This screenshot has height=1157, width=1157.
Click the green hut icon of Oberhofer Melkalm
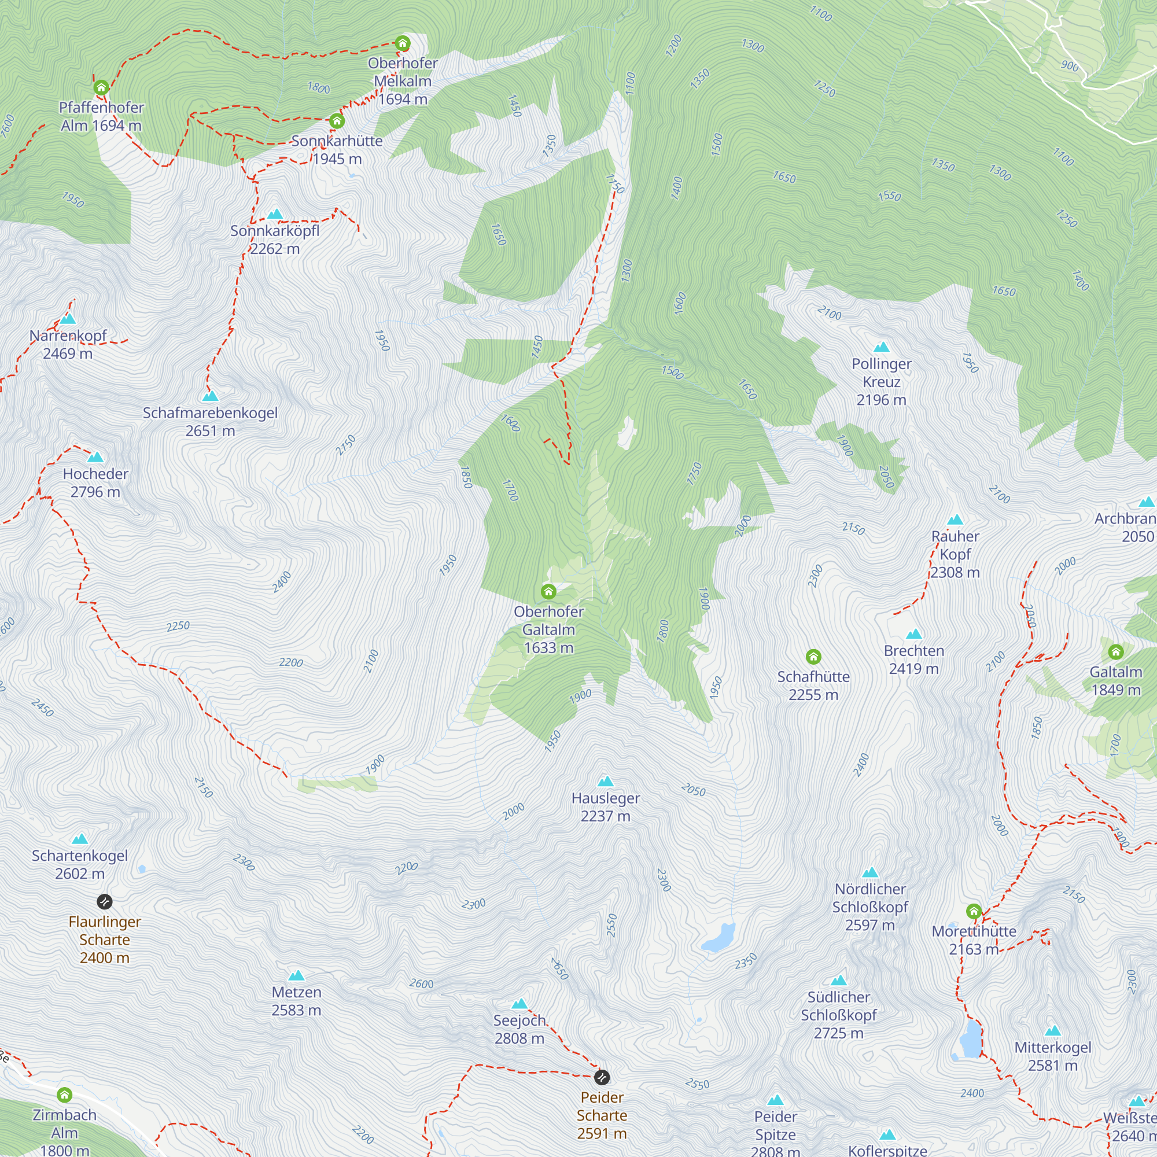403,43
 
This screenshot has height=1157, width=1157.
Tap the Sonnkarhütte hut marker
337,121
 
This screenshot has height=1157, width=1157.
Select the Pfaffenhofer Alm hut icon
101,88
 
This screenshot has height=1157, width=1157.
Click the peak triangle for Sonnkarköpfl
275,215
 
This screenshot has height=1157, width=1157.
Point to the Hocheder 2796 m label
96,482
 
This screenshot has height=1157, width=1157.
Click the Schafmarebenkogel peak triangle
210,396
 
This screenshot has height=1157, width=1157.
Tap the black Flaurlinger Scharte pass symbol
104,901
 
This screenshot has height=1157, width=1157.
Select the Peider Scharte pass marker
602,1077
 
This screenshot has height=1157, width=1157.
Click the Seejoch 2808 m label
519,1029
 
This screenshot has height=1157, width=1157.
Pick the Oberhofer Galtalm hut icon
548,592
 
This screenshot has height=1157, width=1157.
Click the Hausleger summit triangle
606,782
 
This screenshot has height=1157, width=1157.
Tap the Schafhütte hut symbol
813,657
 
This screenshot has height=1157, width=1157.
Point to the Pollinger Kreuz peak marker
882,347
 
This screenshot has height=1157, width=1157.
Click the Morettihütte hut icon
974,912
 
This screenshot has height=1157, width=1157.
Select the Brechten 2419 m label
914,659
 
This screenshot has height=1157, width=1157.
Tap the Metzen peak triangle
296,975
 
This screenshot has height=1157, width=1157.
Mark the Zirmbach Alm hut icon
65,1095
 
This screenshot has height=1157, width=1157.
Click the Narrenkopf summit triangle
68,319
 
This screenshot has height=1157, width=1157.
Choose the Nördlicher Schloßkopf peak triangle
870,872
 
